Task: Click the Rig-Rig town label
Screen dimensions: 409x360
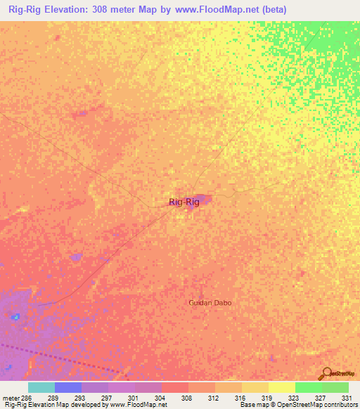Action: pos(184,202)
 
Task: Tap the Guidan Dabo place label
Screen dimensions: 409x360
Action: pos(210,303)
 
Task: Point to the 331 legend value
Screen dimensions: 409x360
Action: pos(336,397)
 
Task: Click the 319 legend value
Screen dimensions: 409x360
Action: pos(255,397)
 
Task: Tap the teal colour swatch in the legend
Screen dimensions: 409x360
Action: pos(41,387)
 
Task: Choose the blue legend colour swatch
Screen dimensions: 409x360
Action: pos(68,387)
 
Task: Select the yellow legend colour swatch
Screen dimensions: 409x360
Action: pos(281,387)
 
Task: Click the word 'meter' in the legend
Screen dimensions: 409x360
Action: pos(8,397)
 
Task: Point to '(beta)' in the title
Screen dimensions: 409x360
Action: pos(271,10)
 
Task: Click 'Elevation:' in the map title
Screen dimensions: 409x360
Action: pos(77,10)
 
